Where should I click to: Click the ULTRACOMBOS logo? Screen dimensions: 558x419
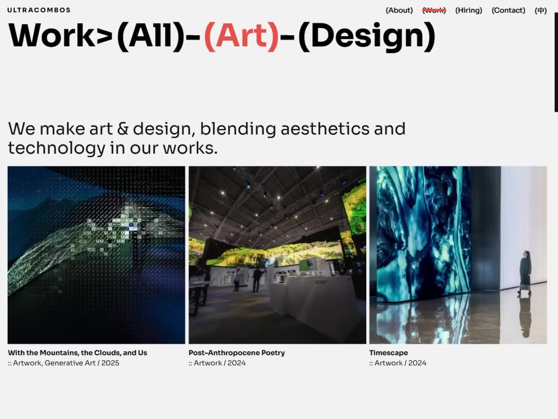[39, 10]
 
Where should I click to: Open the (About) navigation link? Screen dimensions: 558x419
[399, 10]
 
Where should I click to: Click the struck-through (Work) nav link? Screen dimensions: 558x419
[434, 10]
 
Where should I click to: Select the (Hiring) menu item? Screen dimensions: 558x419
[468, 10]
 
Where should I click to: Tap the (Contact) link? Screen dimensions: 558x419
[508, 10]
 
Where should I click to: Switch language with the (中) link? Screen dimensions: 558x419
[541, 10]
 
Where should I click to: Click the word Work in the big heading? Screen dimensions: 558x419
[52, 36]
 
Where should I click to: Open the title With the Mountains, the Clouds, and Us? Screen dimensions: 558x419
[77, 353]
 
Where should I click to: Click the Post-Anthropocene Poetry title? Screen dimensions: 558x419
[237, 353]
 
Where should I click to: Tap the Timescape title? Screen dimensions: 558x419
[389, 353]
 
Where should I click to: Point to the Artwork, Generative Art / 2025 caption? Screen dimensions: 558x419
[63, 363]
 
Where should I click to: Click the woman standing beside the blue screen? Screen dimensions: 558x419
[525, 273]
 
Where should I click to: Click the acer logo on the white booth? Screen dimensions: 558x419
[321, 282]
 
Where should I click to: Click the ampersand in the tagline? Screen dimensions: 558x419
[123, 129]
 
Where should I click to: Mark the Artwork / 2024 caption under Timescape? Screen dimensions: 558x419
[398, 363]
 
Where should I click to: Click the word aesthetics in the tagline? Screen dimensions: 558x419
[325, 129]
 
